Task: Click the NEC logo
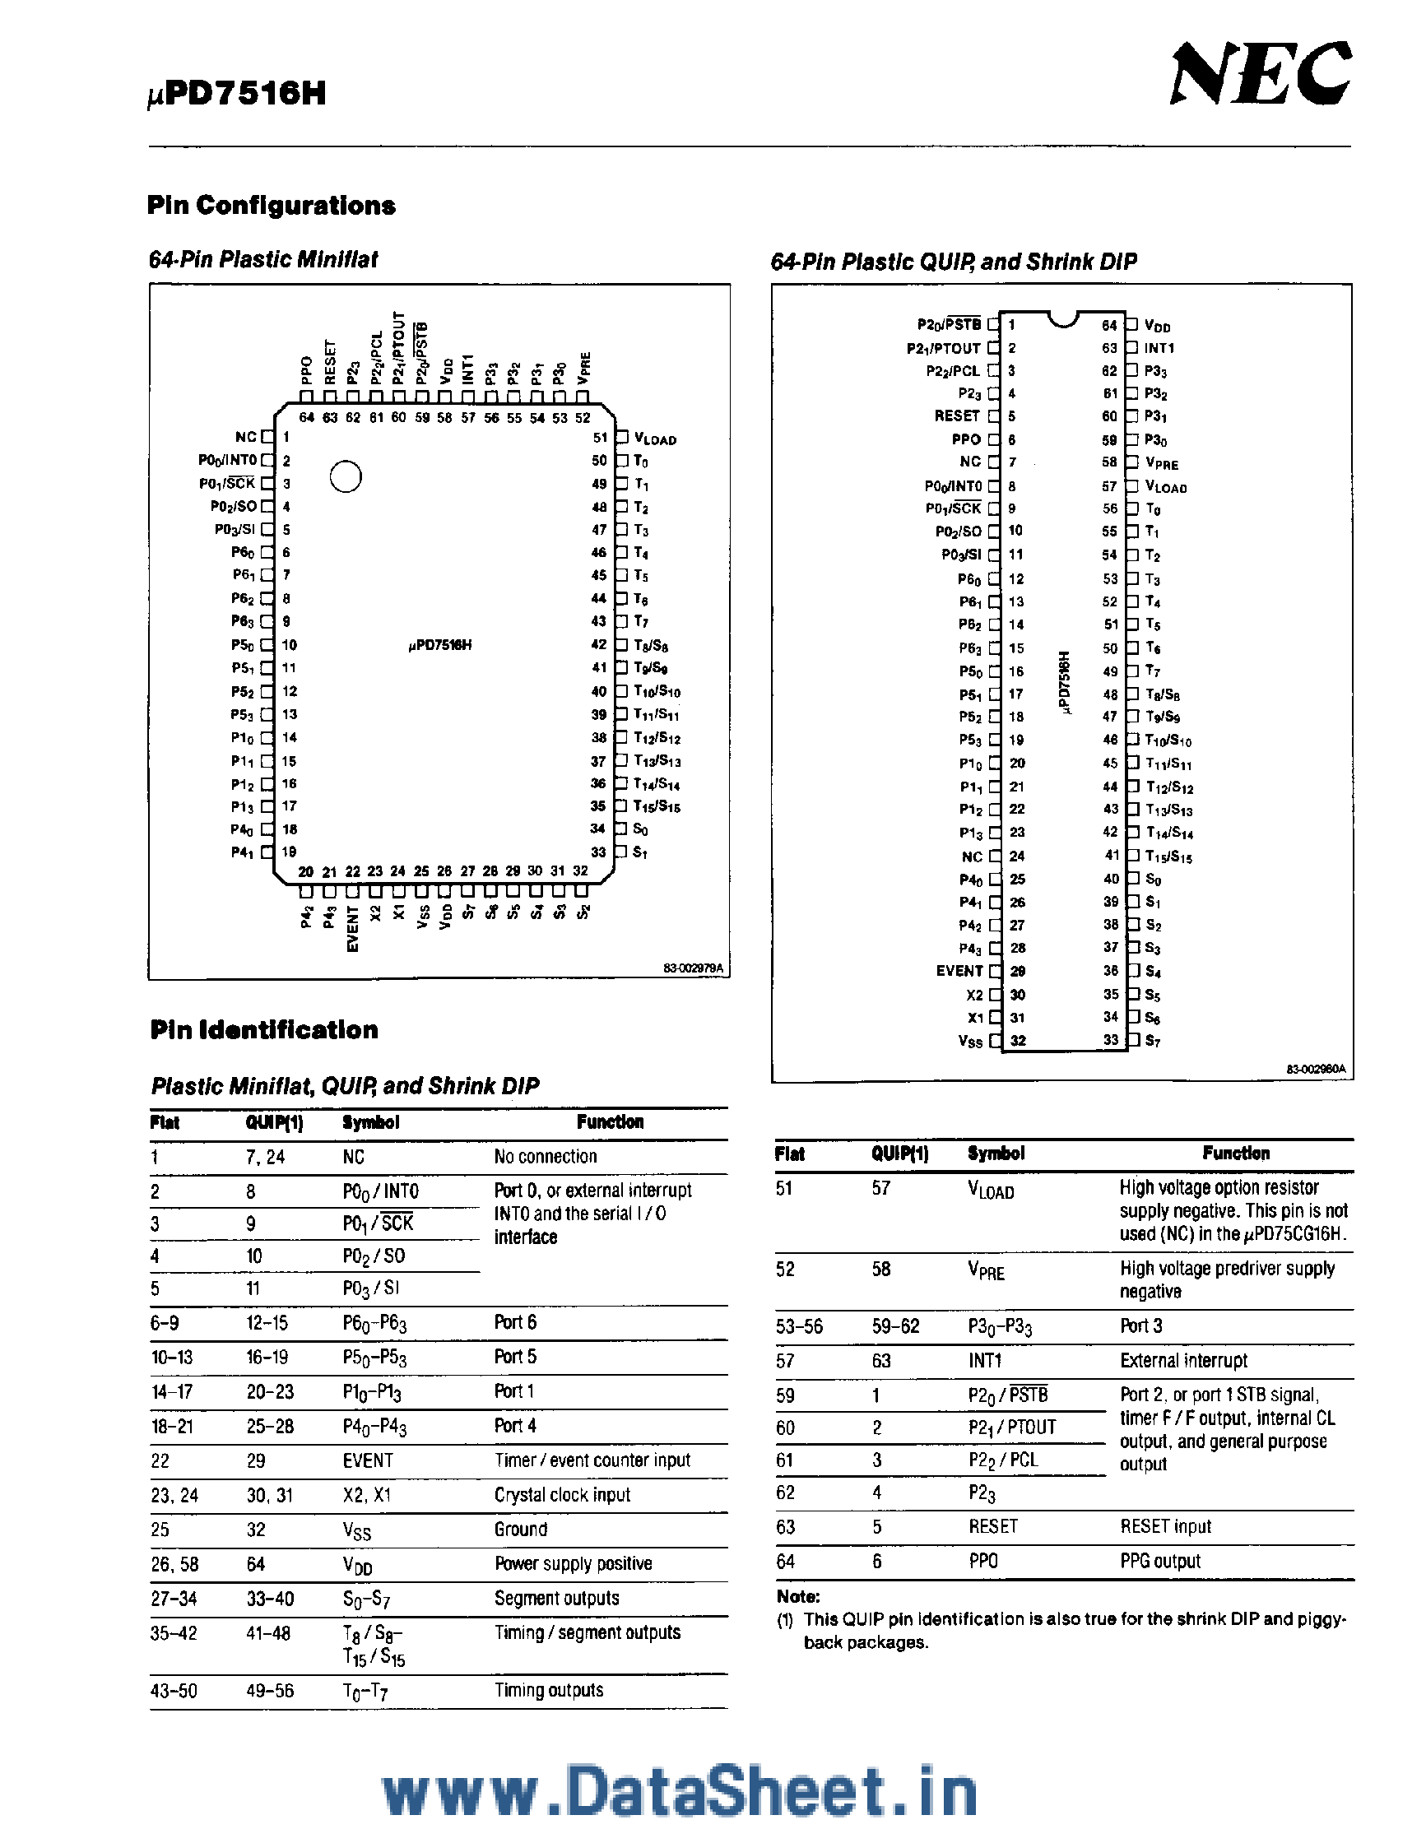(1260, 74)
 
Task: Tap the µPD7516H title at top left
(237, 93)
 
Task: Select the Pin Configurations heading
(271, 205)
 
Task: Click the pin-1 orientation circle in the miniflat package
(345, 476)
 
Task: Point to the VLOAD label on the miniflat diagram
(656, 439)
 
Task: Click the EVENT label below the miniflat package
(353, 929)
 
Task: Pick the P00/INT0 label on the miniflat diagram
(227, 461)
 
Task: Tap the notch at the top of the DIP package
(1063, 318)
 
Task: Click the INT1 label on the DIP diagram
(1159, 348)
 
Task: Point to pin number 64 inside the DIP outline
(1108, 325)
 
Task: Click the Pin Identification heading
(264, 1030)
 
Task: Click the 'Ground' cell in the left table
(521, 1529)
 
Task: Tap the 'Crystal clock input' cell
(562, 1494)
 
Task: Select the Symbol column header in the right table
(996, 1154)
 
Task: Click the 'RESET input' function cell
(1165, 1526)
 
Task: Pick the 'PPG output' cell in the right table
(1160, 1561)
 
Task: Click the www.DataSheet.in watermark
(679, 1790)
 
